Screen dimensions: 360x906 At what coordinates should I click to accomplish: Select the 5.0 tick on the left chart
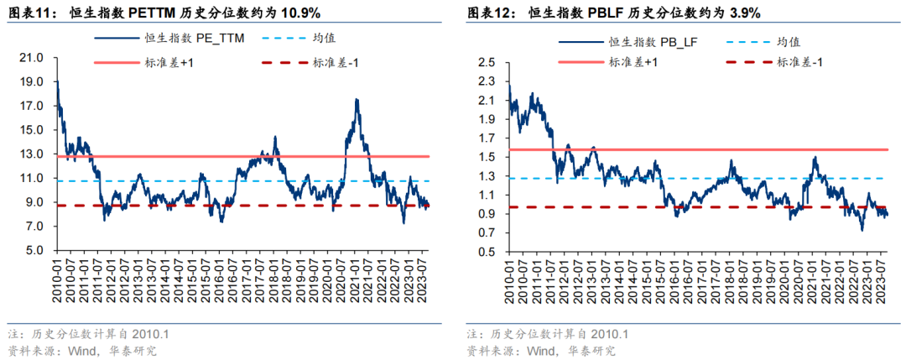pos(34,251)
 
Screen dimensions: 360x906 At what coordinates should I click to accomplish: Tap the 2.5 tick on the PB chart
pos(487,62)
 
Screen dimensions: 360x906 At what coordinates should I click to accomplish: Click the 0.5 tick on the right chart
pos(487,251)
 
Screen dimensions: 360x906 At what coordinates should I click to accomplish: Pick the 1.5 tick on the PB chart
pos(487,157)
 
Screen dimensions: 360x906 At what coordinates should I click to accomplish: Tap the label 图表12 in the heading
pos(489,11)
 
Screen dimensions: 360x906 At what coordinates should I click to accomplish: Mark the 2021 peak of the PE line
pos(357,100)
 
